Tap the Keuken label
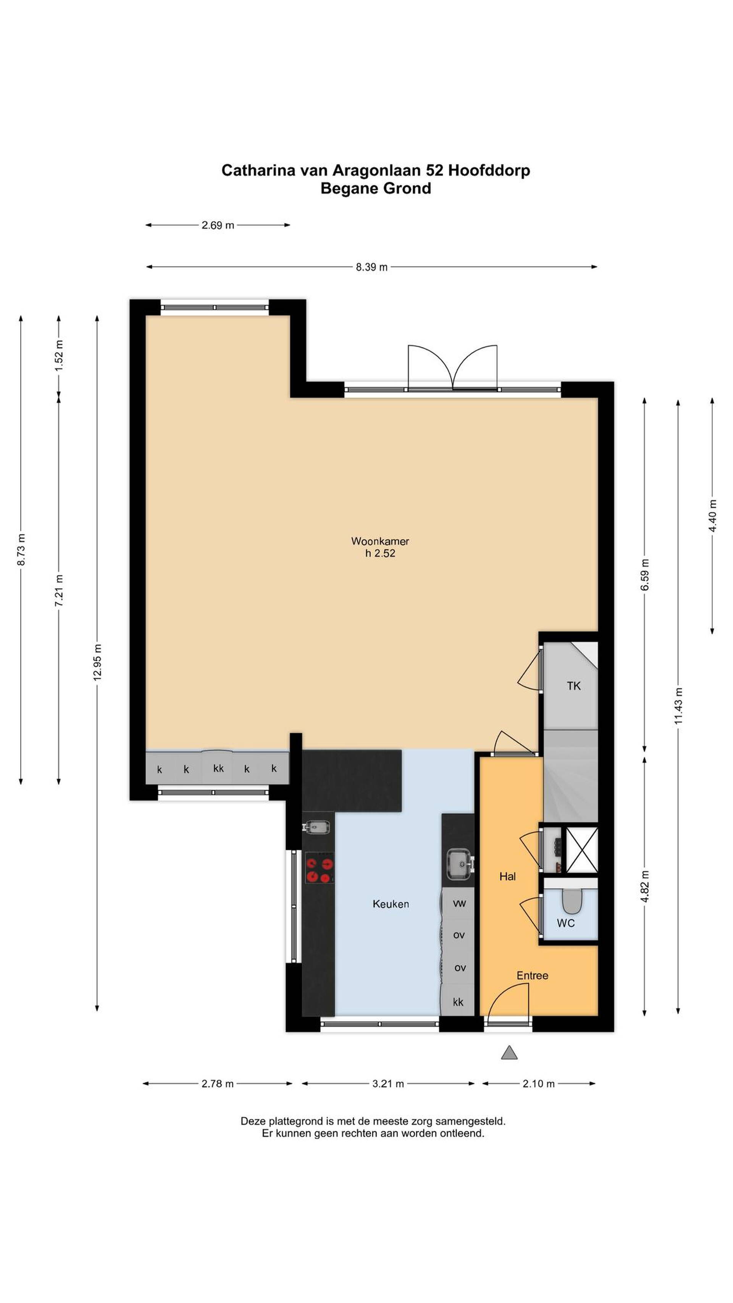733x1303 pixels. click(x=391, y=904)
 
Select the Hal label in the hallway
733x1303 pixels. click(x=507, y=877)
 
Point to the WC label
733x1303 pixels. click(x=565, y=923)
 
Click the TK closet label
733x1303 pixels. click(x=574, y=686)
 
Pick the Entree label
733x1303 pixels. click(x=532, y=975)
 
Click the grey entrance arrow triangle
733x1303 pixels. click(x=509, y=1053)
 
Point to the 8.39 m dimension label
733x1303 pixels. click(x=371, y=267)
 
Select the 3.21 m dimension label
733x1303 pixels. click(x=388, y=1083)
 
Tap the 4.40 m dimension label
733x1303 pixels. click(x=712, y=515)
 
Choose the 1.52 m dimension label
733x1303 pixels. click(x=59, y=355)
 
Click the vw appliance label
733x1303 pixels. click(x=459, y=903)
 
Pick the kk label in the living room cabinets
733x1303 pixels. click(x=218, y=769)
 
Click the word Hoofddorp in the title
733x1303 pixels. click(x=489, y=170)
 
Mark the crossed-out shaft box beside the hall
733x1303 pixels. click(x=582, y=850)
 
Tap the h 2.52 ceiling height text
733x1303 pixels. click(x=380, y=553)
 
